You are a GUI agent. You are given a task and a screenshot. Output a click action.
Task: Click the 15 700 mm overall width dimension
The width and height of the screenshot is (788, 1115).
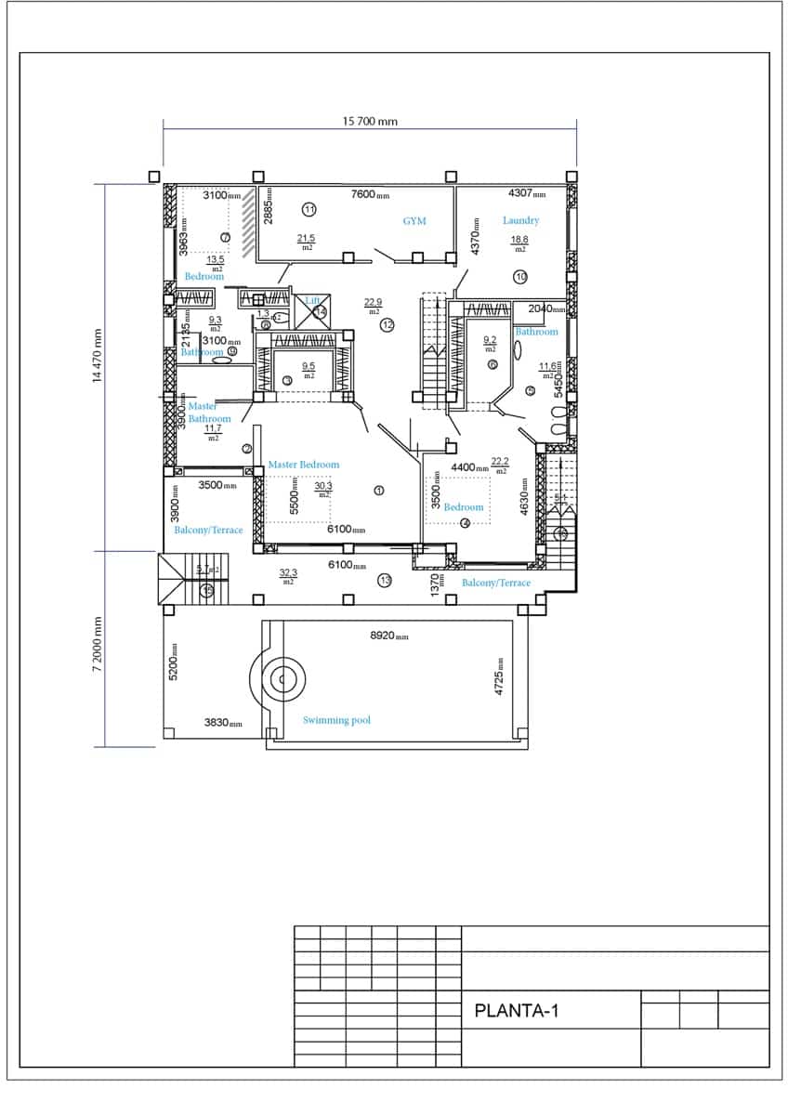pyautogui.click(x=370, y=122)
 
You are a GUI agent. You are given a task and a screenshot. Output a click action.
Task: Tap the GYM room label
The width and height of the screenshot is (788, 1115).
pyautogui.click(x=414, y=221)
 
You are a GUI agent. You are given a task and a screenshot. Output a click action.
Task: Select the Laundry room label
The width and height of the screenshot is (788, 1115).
pyautogui.click(x=520, y=220)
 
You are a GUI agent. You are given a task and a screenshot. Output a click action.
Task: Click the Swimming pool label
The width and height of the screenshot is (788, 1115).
pyautogui.click(x=336, y=720)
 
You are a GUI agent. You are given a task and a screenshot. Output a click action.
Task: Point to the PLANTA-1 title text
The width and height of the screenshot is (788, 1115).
pyautogui.click(x=516, y=1011)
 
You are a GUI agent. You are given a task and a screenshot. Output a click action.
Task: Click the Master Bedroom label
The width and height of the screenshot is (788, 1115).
pyautogui.click(x=304, y=465)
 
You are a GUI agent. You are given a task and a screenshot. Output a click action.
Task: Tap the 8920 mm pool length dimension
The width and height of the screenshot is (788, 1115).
pyautogui.click(x=389, y=636)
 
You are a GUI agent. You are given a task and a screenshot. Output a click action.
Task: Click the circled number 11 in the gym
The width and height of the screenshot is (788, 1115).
pyautogui.click(x=309, y=209)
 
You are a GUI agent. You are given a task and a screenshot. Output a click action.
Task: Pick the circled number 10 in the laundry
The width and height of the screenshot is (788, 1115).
pyautogui.click(x=520, y=276)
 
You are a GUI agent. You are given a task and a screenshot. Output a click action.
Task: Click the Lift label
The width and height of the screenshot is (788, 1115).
pyautogui.click(x=313, y=300)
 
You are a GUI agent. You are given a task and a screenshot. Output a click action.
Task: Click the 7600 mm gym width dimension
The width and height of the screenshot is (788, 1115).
pyautogui.click(x=370, y=194)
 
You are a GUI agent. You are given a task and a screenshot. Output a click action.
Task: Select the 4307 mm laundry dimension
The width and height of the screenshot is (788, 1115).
pyautogui.click(x=527, y=193)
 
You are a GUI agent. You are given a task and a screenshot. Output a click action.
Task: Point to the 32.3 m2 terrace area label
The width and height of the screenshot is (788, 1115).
pyautogui.click(x=288, y=577)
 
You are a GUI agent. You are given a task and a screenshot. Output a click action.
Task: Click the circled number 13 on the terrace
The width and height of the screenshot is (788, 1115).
pyautogui.click(x=386, y=581)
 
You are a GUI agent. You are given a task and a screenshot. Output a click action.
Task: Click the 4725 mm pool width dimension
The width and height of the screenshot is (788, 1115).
pyautogui.click(x=499, y=676)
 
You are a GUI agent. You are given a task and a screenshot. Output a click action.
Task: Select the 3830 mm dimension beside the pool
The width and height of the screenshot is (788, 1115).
pyautogui.click(x=223, y=723)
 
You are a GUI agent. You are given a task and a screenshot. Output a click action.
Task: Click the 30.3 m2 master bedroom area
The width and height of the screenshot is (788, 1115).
pyautogui.click(x=323, y=489)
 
